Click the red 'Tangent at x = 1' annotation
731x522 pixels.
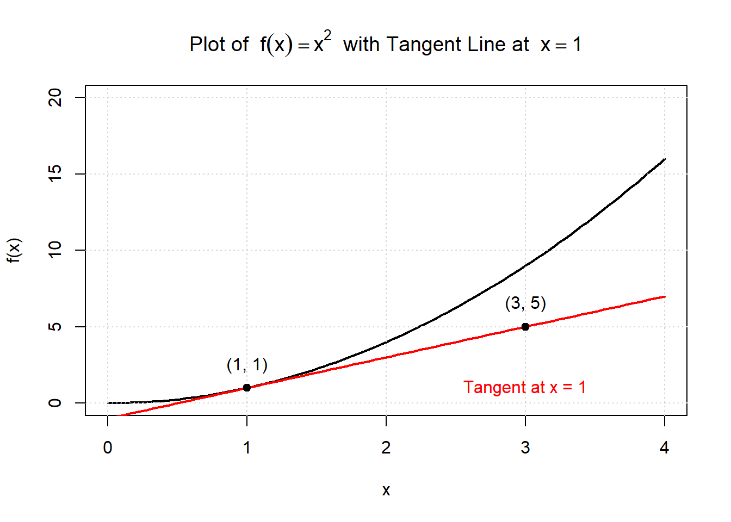[524, 387]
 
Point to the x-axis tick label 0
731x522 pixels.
[108, 448]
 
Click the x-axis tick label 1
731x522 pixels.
[247, 448]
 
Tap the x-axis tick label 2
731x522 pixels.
[386, 448]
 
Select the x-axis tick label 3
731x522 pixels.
[525, 448]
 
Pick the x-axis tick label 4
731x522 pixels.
[664, 448]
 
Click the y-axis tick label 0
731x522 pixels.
[55, 403]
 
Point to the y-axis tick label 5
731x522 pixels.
[55, 327]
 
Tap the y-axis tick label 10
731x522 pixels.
[55, 250]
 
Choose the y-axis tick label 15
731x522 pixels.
[55, 174]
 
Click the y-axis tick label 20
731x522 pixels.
[55, 98]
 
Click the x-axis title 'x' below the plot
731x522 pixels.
[386, 490]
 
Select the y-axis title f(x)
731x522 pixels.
[14, 250]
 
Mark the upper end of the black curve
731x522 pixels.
[665, 159]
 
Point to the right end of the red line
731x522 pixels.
[665, 296]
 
